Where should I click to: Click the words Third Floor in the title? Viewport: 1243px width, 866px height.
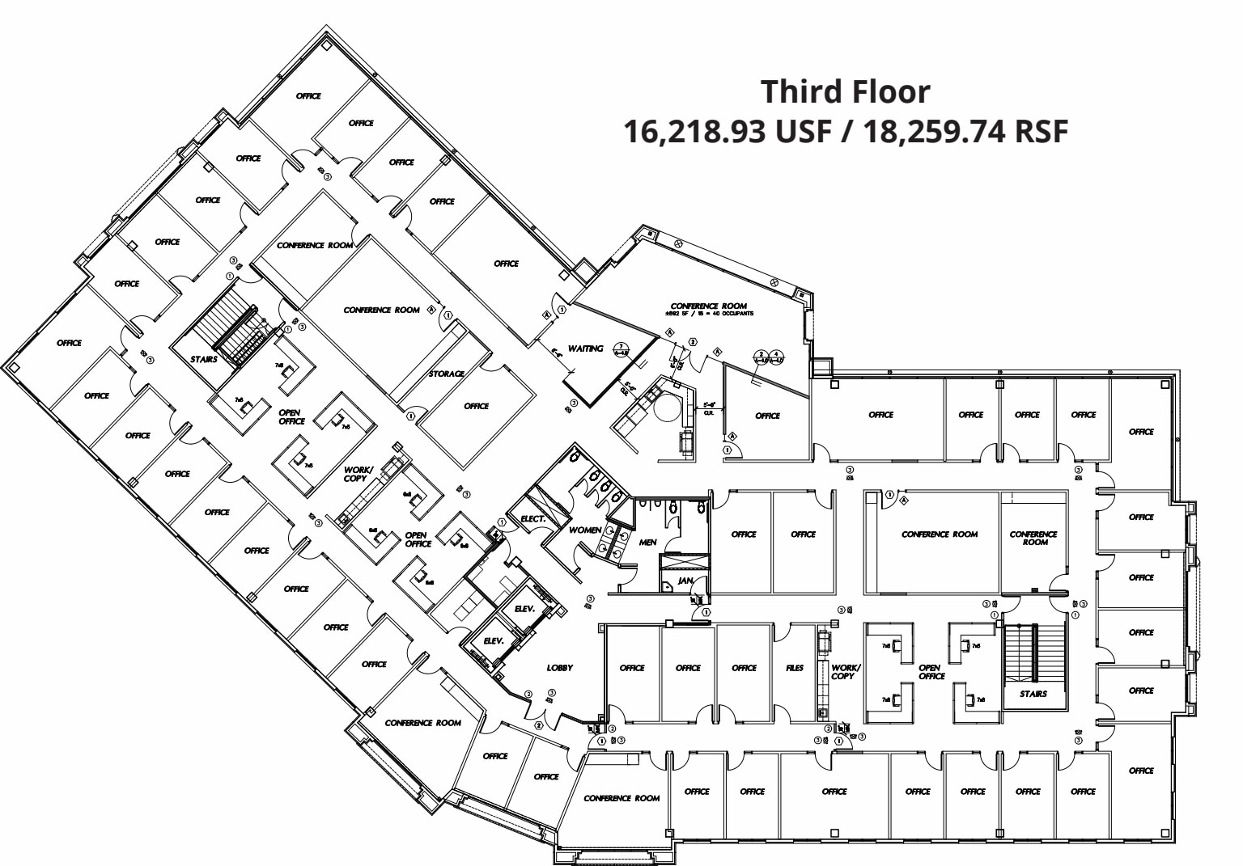pyautogui.click(x=845, y=91)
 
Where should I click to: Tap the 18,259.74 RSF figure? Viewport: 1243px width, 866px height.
pyautogui.click(x=965, y=131)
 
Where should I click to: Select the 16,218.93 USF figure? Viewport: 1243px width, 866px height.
pyautogui.click(x=727, y=131)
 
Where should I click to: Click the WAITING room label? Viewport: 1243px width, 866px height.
pyautogui.click(x=585, y=349)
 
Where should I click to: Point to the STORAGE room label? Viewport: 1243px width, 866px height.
pyautogui.click(x=446, y=374)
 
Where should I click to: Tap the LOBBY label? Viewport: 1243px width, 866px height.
pyautogui.click(x=559, y=667)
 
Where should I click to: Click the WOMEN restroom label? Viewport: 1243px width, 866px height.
pyautogui.click(x=585, y=530)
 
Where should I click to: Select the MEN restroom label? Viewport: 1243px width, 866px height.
pyautogui.click(x=647, y=542)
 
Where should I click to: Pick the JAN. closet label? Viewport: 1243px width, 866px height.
pyautogui.click(x=685, y=580)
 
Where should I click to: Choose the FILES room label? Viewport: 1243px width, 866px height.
pyautogui.click(x=795, y=667)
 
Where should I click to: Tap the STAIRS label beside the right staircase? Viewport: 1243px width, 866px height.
pyautogui.click(x=1033, y=693)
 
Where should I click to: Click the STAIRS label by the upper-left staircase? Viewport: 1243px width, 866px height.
pyautogui.click(x=203, y=359)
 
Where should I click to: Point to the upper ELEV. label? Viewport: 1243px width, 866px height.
pyautogui.click(x=524, y=608)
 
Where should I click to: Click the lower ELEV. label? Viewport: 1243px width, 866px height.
pyautogui.click(x=494, y=640)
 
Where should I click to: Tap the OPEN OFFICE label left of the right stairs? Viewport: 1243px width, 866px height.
pyautogui.click(x=931, y=671)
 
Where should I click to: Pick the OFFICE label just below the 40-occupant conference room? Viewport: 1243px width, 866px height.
pyautogui.click(x=767, y=416)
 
